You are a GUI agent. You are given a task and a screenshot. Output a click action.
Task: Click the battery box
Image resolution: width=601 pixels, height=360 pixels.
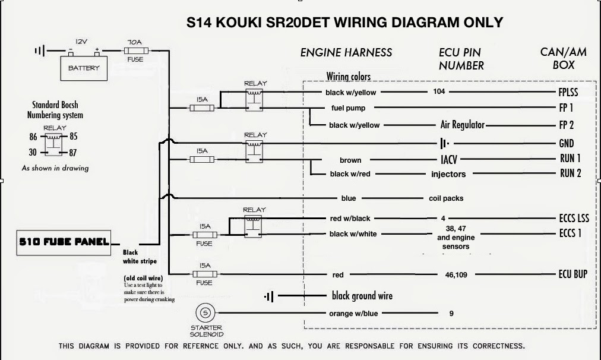click(84, 68)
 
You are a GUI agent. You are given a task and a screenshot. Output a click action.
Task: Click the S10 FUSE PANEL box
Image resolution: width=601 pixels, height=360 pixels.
click(63, 242)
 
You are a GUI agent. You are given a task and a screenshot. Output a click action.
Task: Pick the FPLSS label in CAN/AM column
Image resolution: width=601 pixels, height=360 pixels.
click(568, 92)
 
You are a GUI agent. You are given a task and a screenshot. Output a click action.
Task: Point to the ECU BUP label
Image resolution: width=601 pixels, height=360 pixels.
click(572, 274)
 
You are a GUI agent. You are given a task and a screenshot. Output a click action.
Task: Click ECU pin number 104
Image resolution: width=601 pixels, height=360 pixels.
click(439, 92)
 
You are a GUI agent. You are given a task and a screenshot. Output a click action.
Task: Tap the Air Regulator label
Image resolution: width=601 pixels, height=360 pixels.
click(462, 125)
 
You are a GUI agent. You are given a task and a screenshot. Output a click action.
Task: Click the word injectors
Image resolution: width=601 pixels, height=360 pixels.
click(448, 174)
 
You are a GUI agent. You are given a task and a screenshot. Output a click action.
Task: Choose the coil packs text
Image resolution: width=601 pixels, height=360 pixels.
click(446, 198)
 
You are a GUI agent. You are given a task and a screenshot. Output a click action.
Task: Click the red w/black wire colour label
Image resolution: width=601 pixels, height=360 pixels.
click(350, 219)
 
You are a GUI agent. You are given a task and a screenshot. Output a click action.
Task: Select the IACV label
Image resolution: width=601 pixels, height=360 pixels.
click(449, 159)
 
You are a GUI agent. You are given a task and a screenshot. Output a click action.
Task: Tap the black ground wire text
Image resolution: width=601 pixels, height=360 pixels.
click(362, 296)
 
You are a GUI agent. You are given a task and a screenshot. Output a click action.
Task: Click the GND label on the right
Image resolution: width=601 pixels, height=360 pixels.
click(566, 143)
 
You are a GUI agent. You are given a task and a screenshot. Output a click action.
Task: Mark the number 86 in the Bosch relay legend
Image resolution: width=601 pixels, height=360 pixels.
click(33, 136)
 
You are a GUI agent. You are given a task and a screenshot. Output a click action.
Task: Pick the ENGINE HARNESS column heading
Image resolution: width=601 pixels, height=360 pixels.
click(346, 52)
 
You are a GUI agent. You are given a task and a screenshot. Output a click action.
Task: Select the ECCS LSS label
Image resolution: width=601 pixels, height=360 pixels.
click(574, 218)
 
